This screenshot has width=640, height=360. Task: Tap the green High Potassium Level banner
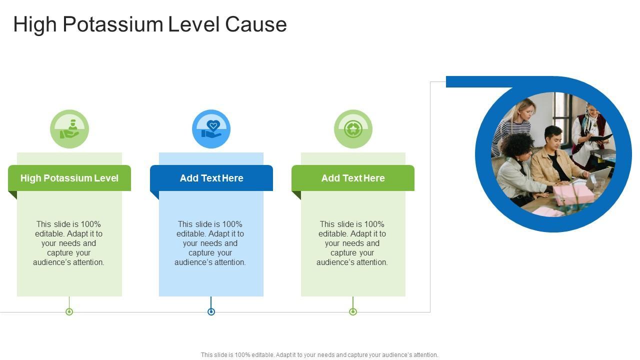point(69,178)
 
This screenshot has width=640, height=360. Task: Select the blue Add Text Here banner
point(211,178)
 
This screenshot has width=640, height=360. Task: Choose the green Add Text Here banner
point(353,178)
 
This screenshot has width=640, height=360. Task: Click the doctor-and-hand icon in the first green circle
point(69,129)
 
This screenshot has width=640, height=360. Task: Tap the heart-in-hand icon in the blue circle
point(211,129)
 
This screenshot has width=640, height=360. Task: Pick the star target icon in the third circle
point(353,129)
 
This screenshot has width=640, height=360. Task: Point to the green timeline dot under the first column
point(69,312)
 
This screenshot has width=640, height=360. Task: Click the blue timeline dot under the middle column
point(211,312)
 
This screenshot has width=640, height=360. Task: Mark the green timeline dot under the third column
point(353,312)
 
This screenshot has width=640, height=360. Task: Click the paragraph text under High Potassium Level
point(69,243)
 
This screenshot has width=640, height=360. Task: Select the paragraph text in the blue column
point(210,243)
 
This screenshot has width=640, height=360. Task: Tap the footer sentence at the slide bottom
point(319,355)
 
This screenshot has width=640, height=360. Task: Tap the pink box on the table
point(573,194)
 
